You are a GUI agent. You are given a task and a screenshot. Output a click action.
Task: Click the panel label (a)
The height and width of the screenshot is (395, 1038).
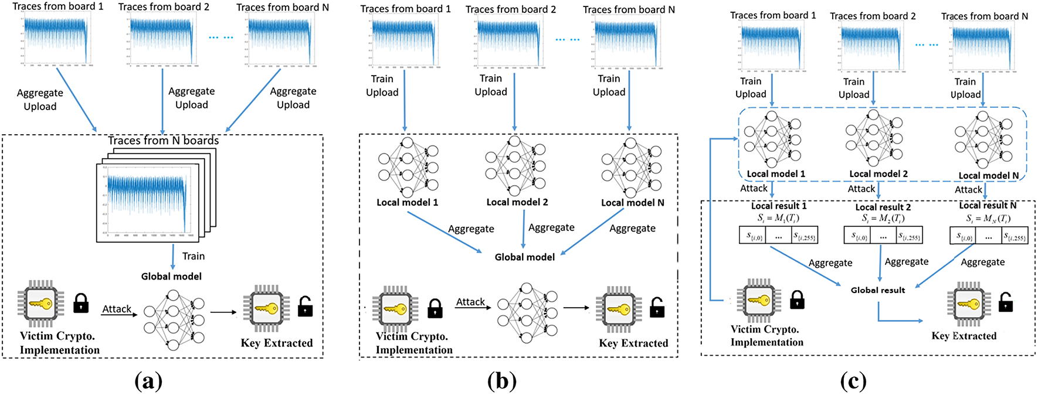pyautogui.click(x=148, y=382)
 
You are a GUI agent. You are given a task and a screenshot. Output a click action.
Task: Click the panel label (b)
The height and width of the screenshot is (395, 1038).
pyautogui.click(x=501, y=382)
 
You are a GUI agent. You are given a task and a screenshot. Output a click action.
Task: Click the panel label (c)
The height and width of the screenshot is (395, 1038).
pyautogui.click(x=853, y=382)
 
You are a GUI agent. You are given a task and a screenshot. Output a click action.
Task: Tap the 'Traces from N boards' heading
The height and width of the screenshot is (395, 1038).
pyautogui.click(x=163, y=141)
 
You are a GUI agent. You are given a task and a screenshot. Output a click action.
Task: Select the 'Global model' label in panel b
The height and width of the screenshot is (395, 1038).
pyautogui.click(x=524, y=257)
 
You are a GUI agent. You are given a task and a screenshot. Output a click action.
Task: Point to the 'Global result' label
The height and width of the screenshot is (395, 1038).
pyautogui.click(x=877, y=290)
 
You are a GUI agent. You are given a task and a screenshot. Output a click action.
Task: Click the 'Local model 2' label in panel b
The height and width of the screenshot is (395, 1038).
pyautogui.click(x=517, y=202)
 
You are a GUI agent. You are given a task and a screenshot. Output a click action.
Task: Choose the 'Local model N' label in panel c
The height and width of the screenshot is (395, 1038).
pyautogui.click(x=988, y=176)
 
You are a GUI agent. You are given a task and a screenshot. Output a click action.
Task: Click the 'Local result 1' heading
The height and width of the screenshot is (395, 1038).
pyautogui.click(x=778, y=206)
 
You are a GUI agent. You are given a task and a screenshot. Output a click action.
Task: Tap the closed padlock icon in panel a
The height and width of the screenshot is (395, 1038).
pyautogui.click(x=81, y=303)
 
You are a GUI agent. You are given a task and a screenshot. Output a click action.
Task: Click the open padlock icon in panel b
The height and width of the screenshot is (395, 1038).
pyautogui.click(x=657, y=307)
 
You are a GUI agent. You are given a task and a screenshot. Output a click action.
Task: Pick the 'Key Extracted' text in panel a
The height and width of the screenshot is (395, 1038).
pyautogui.click(x=276, y=343)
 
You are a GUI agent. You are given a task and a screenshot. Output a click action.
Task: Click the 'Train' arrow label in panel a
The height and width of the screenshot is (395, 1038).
pyautogui.click(x=193, y=256)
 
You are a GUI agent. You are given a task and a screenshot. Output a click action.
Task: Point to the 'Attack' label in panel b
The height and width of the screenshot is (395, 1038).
pyautogui.click(x=470, y=302)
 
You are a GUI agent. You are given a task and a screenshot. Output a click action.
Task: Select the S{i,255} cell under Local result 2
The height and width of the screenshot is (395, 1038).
pyautogui.click(x=910, y=236)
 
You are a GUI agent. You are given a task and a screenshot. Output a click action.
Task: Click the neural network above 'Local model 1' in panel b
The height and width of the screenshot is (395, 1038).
pyautogui.click(x=409, y=167)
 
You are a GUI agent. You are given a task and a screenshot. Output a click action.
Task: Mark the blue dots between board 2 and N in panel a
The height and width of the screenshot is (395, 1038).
pyautogui.click(x=221, y=38)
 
